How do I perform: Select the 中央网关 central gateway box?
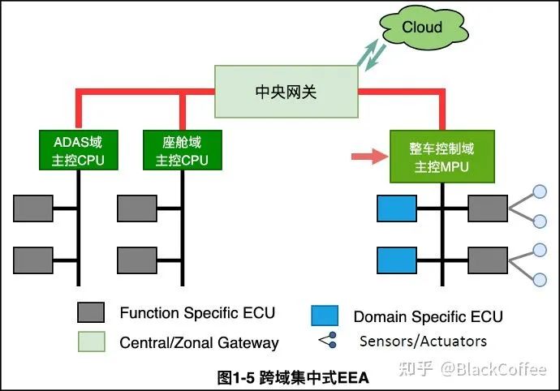coord(286,90)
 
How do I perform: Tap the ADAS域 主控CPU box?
coord(78,150)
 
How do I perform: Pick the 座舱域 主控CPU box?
coord(181,150)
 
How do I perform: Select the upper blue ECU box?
coord(397,209)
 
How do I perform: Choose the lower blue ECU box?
coord(397,260)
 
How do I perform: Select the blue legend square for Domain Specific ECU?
coord(324,316)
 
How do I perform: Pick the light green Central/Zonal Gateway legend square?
coord(89,342)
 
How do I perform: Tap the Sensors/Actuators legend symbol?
coord(326,342)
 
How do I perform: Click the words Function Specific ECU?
coord(197,313)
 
